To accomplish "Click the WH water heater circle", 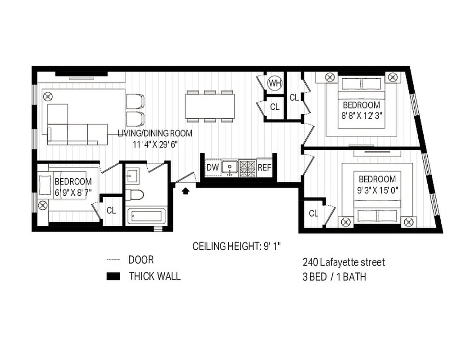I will [x=274, y=83].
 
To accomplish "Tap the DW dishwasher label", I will [x=213, y=168].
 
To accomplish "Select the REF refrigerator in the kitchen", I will [x=264, y=168].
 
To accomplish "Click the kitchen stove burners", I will [x=247, y=167].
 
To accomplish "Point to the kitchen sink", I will [x=231, y=167].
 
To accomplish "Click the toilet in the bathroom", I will [x=135, y=195].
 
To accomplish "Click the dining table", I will [x=210, y=106].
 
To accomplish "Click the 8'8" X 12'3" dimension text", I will [x=362, y=114].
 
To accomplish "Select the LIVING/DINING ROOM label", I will [x=155, y=133].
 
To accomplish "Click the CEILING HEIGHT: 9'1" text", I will [x=237, y=246].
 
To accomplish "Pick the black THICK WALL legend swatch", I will [x=113, y=276].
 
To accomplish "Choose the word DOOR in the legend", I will [x=140, y=260].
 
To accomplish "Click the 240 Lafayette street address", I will [x=344, y=262].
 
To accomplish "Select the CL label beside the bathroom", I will [x=111, y=211].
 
